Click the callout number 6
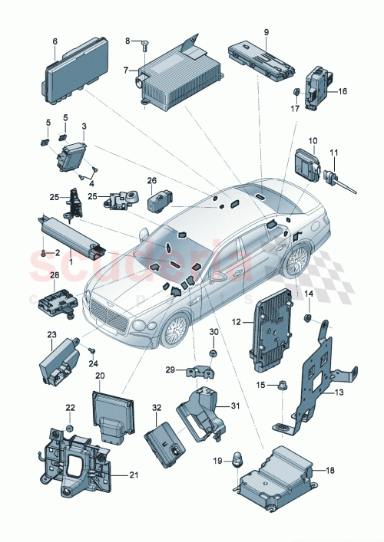click(x=55, y=41)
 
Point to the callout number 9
click(x=266, y=32)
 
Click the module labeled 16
click(x=317, y=90)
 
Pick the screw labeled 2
click(x=39, y=252)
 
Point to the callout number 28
click(x=54, y=274)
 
